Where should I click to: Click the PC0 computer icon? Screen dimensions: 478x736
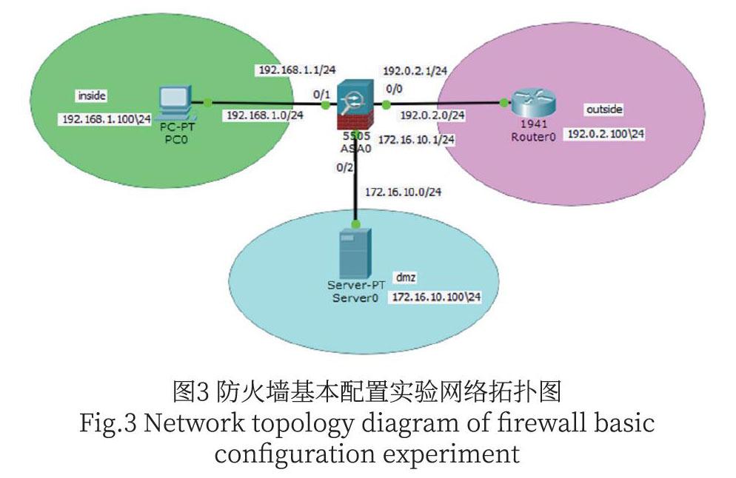[x=175, y=104]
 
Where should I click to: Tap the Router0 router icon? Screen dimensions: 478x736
[x=534, y=103]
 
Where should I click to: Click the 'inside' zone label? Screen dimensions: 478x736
[x=93, y=95]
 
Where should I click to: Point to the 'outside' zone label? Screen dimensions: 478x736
[x=604, y=109]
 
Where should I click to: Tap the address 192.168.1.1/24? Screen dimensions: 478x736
[x=297, y=70]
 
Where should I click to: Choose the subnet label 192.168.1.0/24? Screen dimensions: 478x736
[x=264, y=115]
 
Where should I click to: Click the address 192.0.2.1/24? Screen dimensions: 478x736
[x=415, y=72]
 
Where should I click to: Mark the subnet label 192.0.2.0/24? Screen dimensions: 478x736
[x=432, y=115]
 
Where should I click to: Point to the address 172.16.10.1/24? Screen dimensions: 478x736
[x=416, y=138]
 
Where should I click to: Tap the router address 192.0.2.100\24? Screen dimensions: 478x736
[x=605, y=135]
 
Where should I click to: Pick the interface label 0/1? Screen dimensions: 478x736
[x=321, y=95]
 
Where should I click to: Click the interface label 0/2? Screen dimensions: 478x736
[x=344, y=168]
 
